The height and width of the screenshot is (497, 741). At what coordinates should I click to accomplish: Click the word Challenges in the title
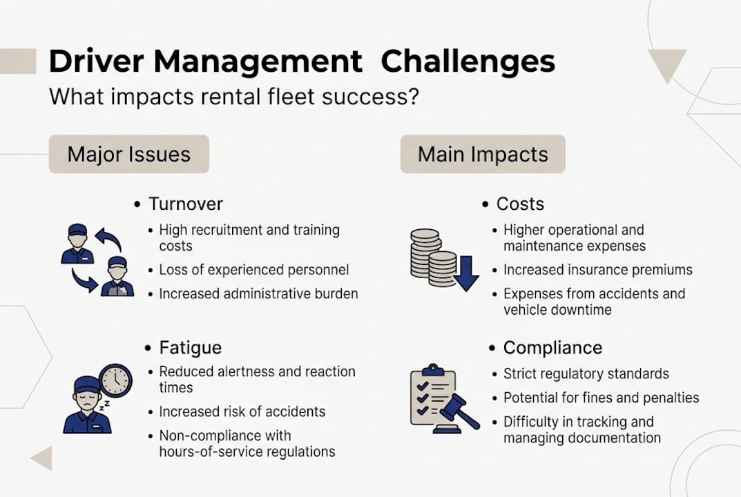(468, 62)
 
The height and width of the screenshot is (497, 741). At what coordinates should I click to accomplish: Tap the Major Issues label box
(128, 154)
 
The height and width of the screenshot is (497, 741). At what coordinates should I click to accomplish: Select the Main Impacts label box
(483, 154)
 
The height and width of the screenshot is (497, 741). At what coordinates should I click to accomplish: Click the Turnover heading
(186, 204)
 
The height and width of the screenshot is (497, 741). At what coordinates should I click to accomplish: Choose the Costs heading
(520, 204)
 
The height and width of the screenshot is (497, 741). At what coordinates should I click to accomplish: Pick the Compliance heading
(552, 347)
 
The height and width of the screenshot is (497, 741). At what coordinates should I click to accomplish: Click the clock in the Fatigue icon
(115, 380)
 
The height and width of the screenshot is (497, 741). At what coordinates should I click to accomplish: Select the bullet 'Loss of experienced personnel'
(253, 270)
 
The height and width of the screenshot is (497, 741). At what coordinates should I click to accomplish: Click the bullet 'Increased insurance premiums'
(597, 270)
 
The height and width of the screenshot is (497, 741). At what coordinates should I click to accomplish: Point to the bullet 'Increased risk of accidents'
(242, 412)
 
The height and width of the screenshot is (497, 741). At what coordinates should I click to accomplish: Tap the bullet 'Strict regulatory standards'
(586, 374)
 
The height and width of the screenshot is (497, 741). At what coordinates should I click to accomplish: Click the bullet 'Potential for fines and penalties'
(601, 398)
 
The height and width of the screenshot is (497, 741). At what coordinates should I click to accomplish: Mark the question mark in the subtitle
(412, 97)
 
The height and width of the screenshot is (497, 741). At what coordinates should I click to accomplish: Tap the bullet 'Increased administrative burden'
(258, 294)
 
